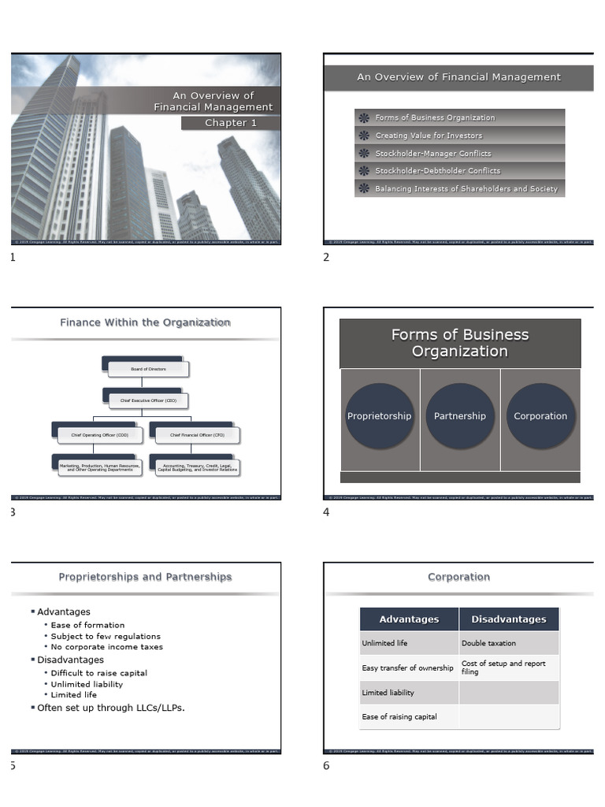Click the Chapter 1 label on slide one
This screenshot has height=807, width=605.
231,123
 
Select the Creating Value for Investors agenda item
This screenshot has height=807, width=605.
429,136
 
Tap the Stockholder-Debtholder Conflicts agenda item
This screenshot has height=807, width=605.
437,171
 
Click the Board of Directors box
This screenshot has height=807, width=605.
148,368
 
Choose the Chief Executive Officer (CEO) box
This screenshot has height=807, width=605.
148,400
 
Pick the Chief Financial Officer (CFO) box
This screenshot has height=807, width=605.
197,434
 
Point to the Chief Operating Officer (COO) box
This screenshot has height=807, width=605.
99,434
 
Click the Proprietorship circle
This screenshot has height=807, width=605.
379,416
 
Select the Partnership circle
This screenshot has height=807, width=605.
460,416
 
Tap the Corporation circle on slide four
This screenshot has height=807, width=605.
540,416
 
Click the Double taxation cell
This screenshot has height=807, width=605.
489,643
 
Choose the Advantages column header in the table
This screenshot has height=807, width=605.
409,619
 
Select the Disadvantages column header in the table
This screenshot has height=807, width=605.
509,619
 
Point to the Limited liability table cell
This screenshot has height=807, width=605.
388,693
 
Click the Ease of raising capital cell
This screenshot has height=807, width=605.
399,717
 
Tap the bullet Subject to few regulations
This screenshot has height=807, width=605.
106,636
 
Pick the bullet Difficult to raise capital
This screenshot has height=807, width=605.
99,673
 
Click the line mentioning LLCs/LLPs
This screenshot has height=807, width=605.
111,708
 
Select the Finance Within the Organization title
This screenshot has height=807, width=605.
146,322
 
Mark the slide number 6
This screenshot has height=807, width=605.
327,766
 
